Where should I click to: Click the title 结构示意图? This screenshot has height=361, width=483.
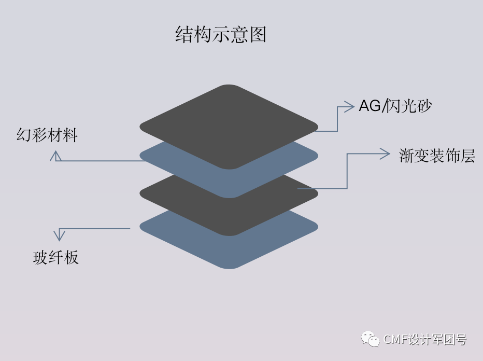221,35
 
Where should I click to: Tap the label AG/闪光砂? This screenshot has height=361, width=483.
395,106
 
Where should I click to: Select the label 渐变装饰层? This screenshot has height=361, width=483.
437,156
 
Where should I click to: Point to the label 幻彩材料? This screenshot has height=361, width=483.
47,135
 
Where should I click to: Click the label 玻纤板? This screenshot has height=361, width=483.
56,257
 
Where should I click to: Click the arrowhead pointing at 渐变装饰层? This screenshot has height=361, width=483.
385,154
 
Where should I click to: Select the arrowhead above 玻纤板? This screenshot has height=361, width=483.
60,235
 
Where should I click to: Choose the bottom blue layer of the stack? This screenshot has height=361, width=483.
229,249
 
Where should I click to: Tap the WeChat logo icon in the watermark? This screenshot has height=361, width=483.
370,339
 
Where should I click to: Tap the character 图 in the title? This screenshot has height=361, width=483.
258,35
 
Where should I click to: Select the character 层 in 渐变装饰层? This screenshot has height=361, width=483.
467,156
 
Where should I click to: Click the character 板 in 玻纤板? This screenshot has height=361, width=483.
71,257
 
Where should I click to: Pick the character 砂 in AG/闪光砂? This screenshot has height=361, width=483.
424,106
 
